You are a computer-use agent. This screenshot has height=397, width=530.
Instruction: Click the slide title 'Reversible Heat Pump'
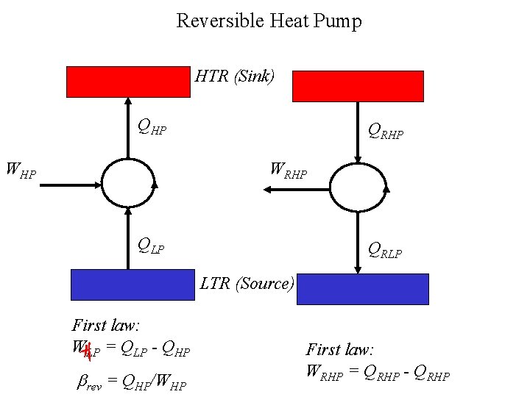(x=269, y=21)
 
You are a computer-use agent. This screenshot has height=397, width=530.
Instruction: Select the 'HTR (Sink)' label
(x=235, y=76)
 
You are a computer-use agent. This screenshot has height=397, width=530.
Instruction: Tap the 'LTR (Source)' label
(x=247, y=283)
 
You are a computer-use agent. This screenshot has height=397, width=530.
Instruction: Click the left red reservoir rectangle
(x=128, y=82)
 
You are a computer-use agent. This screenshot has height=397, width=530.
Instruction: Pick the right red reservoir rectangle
(x=358, y=86)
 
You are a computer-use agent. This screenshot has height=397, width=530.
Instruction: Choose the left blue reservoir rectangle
(x=132, y=285)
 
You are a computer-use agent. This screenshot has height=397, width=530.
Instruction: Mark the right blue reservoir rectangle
(x=362, y=288)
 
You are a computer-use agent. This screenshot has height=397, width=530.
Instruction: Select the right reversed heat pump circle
(x=358, y=187)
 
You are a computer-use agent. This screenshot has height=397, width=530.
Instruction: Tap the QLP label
(x=152, y=246)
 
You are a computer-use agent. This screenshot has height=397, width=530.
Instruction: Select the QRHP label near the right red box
(x=386, y=132)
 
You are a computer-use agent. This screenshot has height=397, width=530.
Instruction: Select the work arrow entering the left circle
(x=70, y=185)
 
